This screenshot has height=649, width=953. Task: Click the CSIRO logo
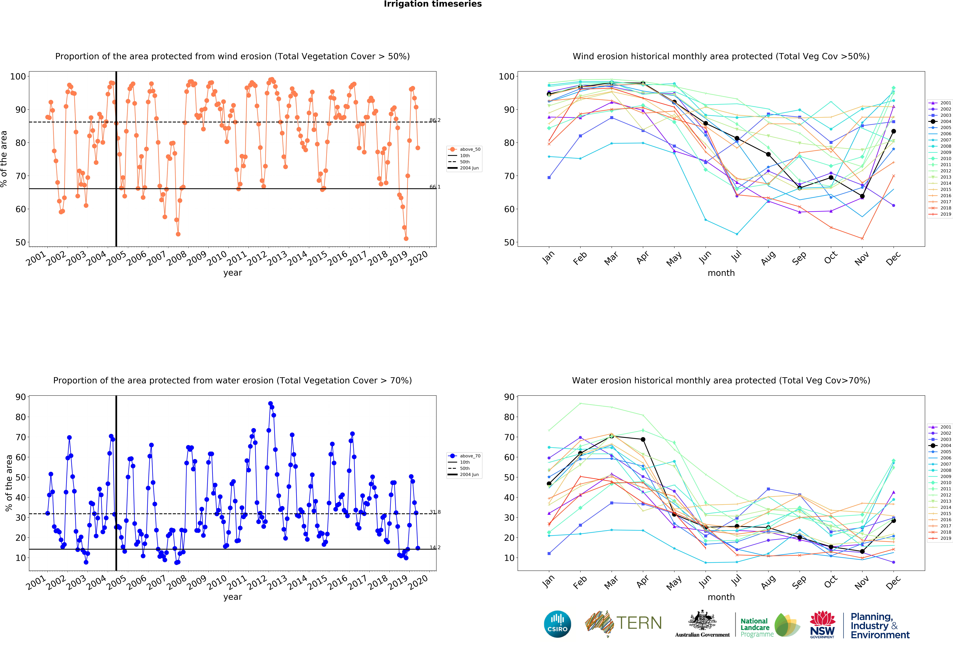(x=557, y=624)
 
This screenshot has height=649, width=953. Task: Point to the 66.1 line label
(x=435, y=187)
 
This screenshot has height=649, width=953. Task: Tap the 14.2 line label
(x=435, y=547)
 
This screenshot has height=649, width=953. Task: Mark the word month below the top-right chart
(x=721, y=273)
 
